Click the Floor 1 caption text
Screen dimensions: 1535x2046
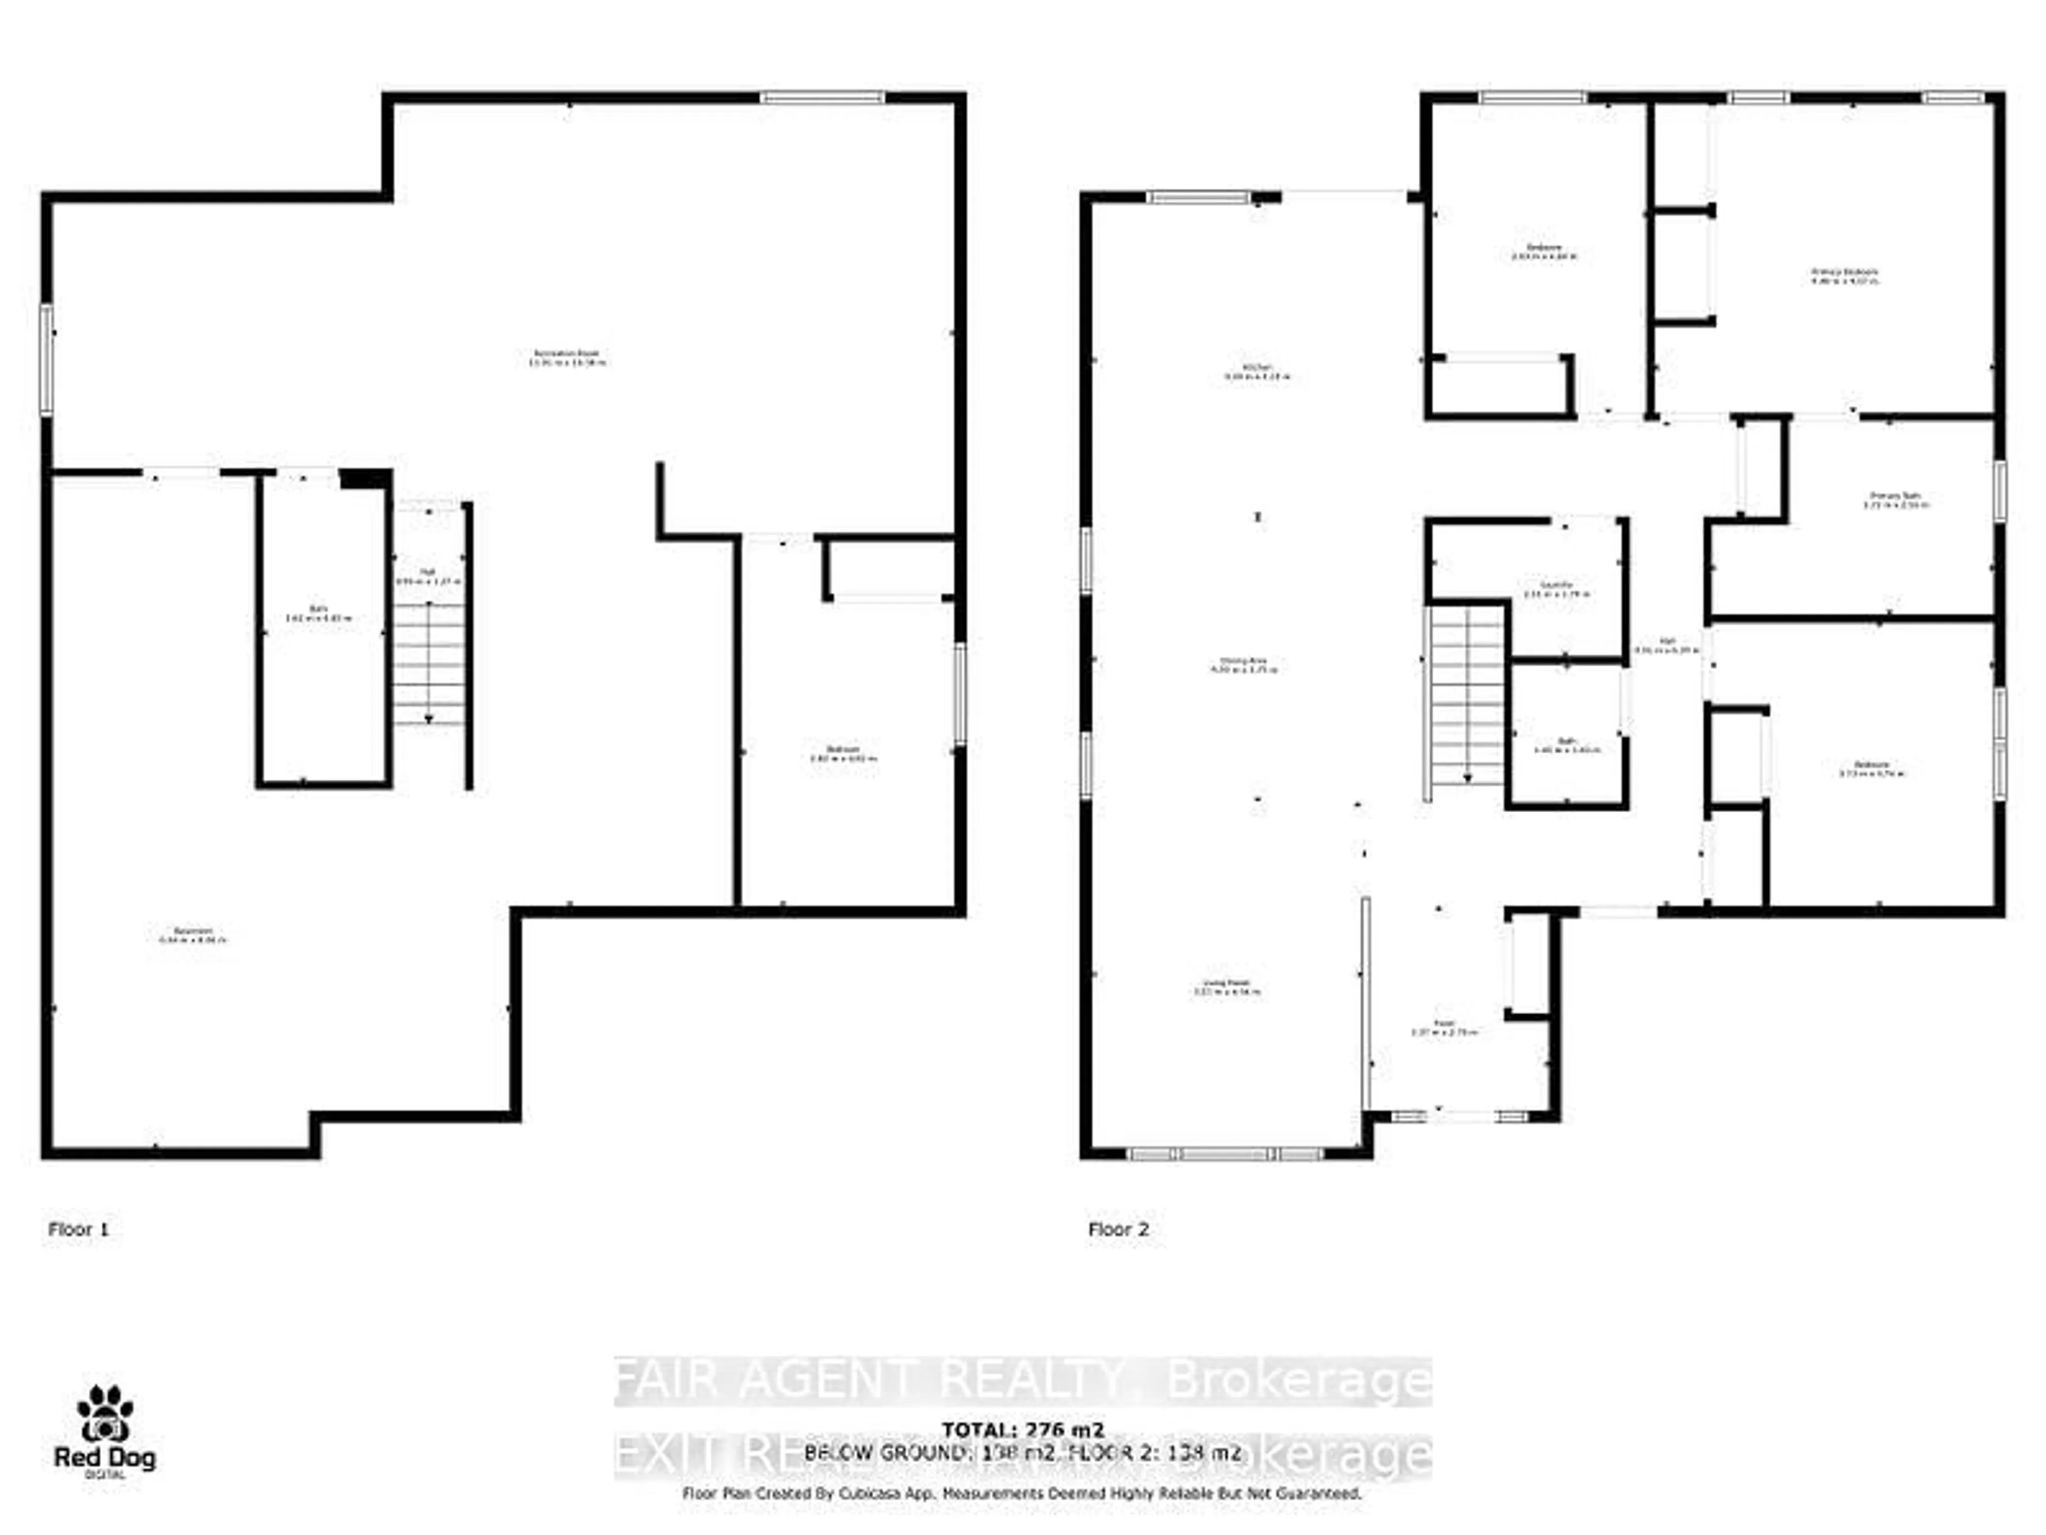pyautogui.click(x=79, y=1229)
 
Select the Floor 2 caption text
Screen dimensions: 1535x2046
pyautogui.click(x=1118, y=1229)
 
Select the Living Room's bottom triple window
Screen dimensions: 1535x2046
pyautogui.click(x=1225, y=1154)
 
